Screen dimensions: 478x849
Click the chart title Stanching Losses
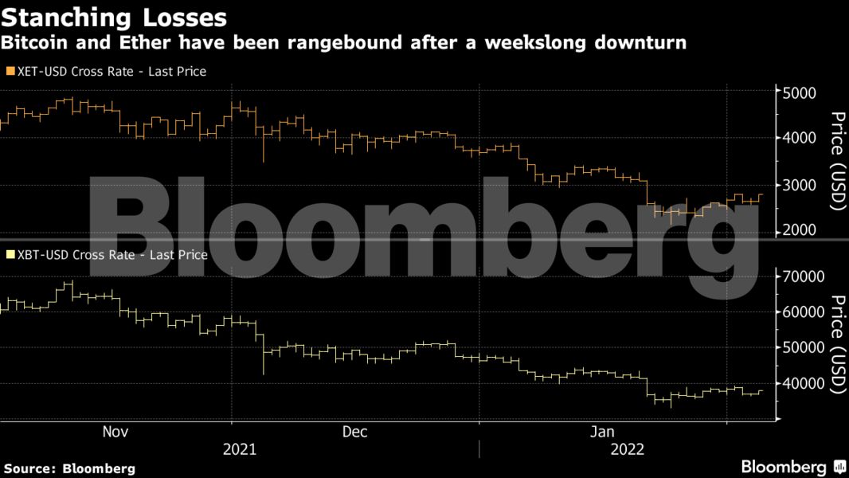point(115,17)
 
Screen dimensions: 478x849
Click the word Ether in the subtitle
point(141,42)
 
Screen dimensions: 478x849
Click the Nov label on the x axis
point(115,432)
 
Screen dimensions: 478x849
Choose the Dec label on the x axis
point(354,432)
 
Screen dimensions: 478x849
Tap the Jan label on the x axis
point(602,432)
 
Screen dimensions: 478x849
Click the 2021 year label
point(239,449)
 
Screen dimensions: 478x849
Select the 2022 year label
point(627,449)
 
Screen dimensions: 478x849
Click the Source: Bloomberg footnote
point(69,468)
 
